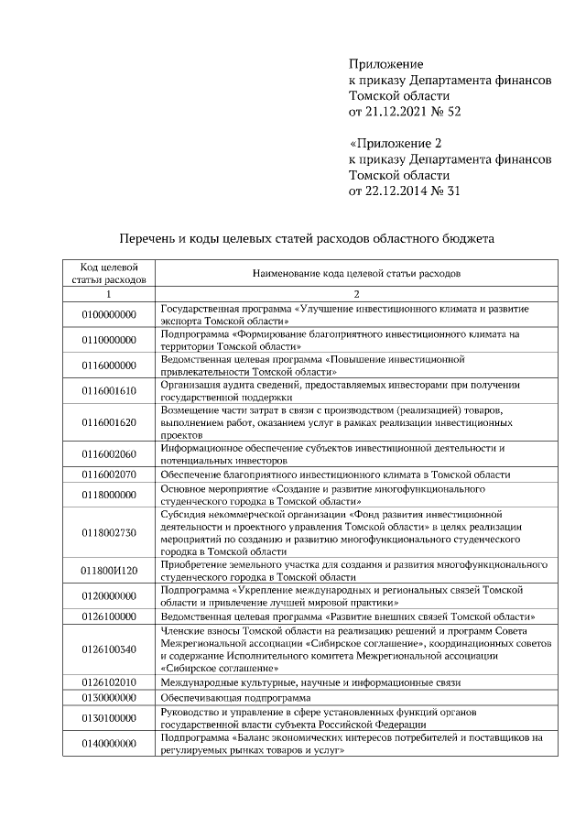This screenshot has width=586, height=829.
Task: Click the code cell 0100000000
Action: click(x=108, y=314)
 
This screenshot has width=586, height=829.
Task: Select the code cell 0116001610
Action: click(x=108, y=391)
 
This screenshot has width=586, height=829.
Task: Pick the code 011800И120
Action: click(x=108, y=571)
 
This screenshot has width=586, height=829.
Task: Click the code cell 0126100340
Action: click(x=108, y=649)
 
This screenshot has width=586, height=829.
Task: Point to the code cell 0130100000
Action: click(x=108, y=718)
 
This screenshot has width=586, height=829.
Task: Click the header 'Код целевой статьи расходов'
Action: click(x=108, y=272)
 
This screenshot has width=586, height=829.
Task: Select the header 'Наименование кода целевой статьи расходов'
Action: click(x=356, y=273)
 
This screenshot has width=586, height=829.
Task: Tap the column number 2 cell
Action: click(x=356, y=294)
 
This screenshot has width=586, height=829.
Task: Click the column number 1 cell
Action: click(x=108, y=294)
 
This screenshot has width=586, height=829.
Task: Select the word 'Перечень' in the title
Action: click(x=153, y=237)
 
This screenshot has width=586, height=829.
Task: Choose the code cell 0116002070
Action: click(x=108, y=474)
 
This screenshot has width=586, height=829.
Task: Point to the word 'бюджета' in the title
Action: click(x=470, y=237)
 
